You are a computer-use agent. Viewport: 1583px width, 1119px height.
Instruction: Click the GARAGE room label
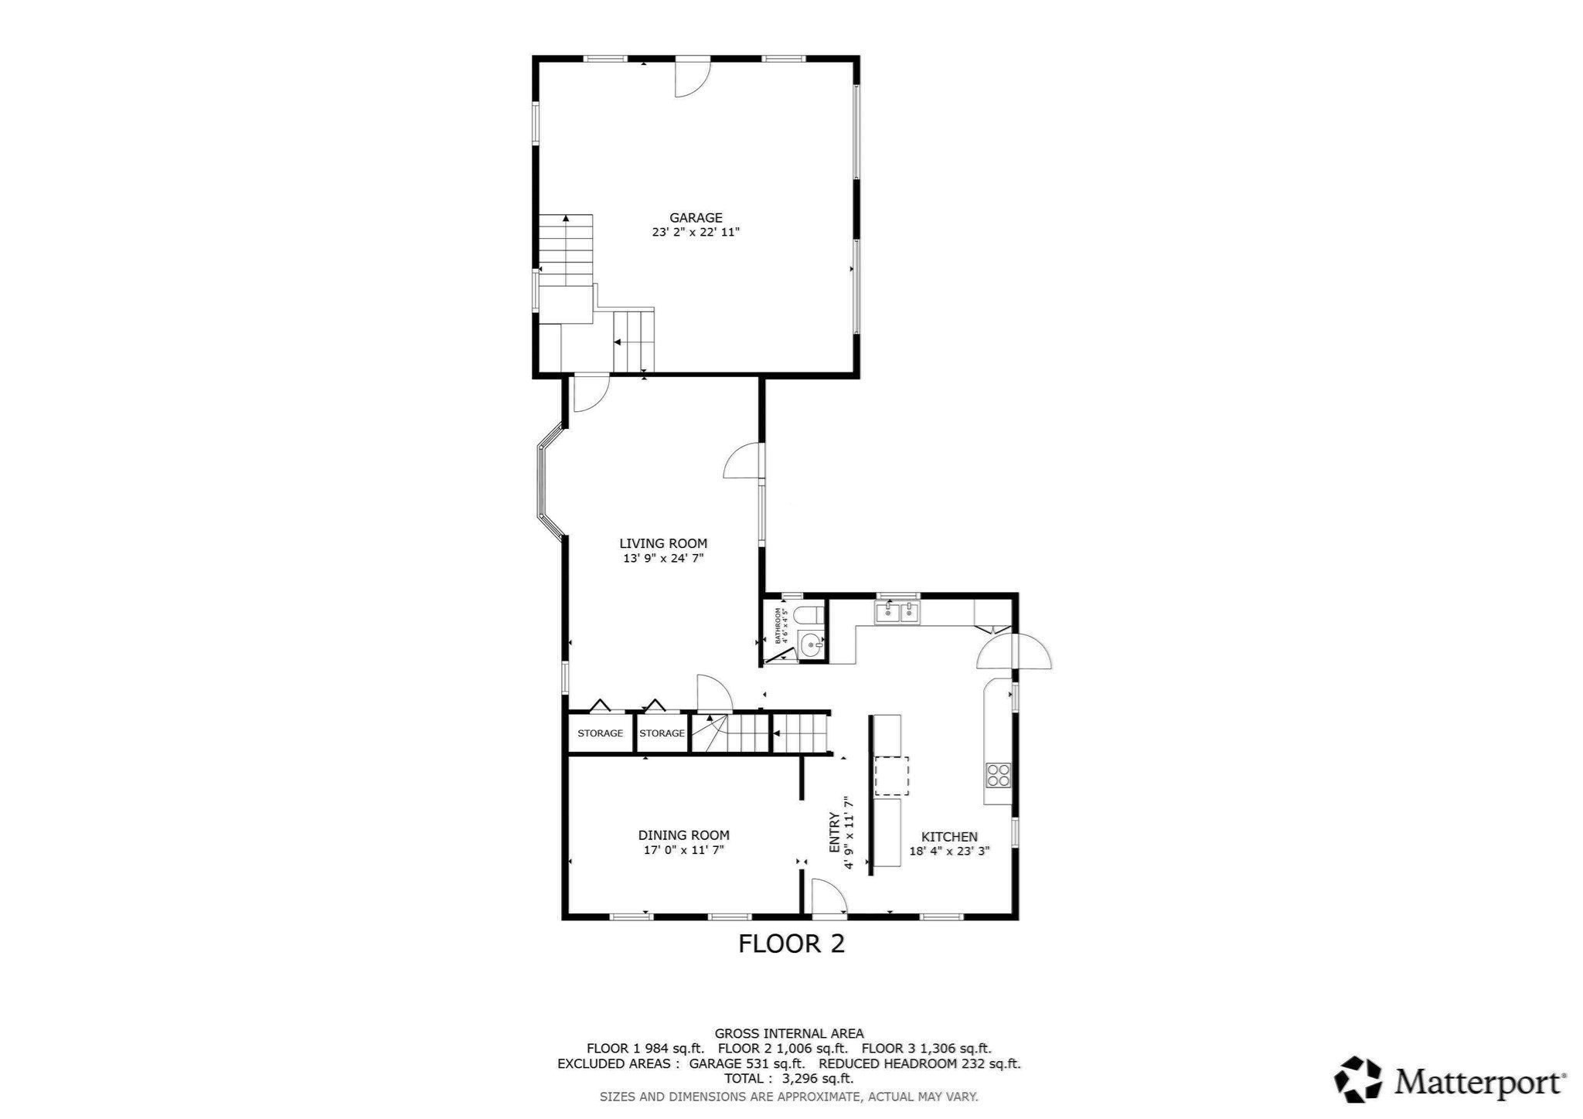pos(696,218)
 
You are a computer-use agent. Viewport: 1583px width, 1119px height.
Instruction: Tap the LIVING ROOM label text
pos(663,543)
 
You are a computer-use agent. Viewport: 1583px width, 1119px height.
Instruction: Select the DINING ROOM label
pos(683,835)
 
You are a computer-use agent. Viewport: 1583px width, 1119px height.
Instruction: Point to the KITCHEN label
pos(949,836)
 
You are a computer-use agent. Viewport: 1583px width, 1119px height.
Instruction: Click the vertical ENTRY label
pos(835,833)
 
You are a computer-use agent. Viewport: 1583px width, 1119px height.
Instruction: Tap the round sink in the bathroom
pos(810,643)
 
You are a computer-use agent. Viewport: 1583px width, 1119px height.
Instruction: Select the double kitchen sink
pos(897,613)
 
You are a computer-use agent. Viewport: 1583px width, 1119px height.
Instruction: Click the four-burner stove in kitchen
pos(997,774)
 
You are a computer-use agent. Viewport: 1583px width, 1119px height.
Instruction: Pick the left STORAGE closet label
pos(600,733)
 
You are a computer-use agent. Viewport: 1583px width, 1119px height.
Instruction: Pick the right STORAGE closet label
pos(662,733)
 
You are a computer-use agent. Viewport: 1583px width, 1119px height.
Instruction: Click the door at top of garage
pos(692,78)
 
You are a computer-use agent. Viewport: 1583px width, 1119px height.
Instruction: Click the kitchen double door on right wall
pos(1014,651)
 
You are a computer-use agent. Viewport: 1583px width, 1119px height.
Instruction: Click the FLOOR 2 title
pos(791,944)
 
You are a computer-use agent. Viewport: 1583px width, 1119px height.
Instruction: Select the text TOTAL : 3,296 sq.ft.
pos(788,1078)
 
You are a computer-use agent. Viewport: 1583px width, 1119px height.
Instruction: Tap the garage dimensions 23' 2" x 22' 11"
pos(696,232)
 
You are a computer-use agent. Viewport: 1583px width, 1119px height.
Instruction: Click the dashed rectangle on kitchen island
pos(890,776)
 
